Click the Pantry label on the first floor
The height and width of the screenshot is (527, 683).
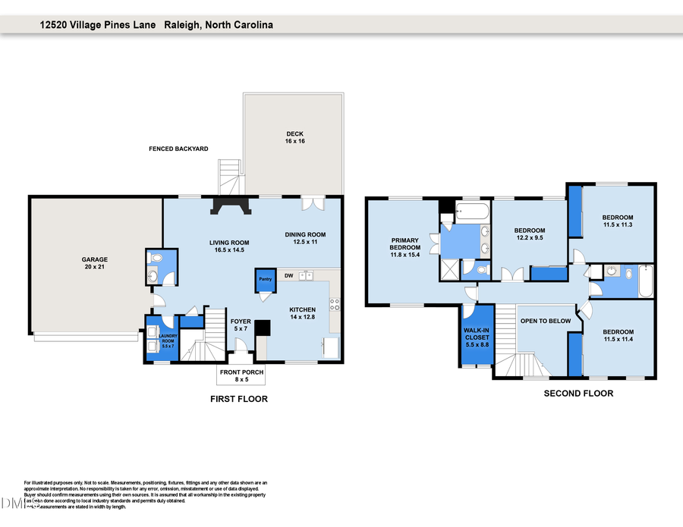(265, 279)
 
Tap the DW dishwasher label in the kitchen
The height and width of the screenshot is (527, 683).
(289, 274)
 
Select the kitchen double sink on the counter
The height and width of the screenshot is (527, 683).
(307, 274)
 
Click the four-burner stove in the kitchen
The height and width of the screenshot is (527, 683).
(334, 305)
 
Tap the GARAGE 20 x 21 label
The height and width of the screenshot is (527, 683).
(95, 263)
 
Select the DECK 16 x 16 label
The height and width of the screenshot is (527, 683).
(294, 137)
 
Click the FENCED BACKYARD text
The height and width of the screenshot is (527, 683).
(178, 149)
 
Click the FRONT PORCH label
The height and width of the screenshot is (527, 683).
(241, 376)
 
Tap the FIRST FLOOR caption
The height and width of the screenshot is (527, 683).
(239, 399)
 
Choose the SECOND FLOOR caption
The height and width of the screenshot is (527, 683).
(578, 394)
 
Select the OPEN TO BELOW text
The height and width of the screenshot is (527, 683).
(545, 321)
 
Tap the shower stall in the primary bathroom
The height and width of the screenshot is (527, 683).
(450, 270)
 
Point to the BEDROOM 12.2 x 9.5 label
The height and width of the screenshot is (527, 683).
(530, 234)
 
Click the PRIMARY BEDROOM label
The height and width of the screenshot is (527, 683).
(404, 247)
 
